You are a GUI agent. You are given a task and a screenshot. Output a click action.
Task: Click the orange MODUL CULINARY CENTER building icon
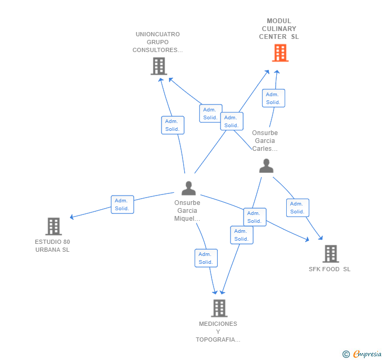(280, 53)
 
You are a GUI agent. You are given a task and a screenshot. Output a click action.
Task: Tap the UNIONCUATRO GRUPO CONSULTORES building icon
(158, 66)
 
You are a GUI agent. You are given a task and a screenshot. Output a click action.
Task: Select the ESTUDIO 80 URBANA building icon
(53, 227)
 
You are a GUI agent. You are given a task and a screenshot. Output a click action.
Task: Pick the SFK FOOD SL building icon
(330, 254)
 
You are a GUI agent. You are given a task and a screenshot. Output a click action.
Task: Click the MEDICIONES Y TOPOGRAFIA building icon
(219, 308)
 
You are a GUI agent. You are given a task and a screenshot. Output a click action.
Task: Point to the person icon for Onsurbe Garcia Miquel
(188, 188)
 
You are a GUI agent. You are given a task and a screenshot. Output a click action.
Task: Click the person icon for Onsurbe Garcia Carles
(266, 166)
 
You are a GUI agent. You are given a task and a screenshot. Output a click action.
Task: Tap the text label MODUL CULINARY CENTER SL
(279, 29)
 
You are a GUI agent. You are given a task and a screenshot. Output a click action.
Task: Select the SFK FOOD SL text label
(329, 269)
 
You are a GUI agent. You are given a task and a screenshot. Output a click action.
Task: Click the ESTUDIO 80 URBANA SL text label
(52, 245)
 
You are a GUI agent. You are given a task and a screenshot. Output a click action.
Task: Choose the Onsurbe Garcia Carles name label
(265, 141)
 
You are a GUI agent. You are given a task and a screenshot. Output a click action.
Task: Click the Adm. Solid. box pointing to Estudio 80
(122, 204)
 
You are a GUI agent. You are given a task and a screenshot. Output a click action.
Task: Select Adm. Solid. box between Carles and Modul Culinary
(273, 98)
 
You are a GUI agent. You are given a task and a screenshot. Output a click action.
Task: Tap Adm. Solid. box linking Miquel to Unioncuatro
(173, 125)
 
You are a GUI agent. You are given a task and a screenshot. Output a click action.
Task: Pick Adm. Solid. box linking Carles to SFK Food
(297, 208)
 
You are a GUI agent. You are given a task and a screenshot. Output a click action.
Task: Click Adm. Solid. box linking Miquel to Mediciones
(206, 258)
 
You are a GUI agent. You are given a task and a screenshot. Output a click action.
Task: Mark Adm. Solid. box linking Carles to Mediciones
(241, 235)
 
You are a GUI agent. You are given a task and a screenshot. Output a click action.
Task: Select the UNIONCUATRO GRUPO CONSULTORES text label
(157, 42)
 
